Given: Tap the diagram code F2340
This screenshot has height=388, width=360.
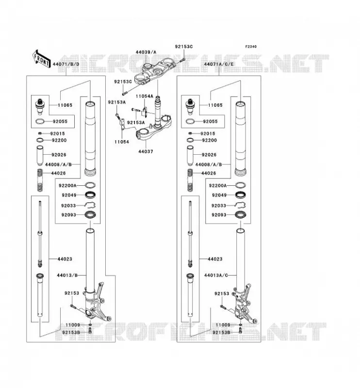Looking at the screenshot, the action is pos(251,47).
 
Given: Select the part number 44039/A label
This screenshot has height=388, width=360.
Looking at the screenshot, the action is pos(146,52).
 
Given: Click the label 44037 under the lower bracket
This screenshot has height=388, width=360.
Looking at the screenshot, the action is pos(146,151).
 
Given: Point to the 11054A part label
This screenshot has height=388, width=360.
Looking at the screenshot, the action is pos(145,96).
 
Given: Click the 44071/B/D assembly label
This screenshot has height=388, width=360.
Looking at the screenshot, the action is pos(66,65).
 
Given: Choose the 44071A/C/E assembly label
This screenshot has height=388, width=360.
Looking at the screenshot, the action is pos(219,65).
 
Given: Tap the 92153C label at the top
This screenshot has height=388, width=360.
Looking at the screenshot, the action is pos(184,47).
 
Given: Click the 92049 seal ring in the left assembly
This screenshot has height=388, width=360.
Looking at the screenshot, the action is pos(90,195).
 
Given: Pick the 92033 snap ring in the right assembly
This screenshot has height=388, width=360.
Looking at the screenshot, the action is pos(240,205).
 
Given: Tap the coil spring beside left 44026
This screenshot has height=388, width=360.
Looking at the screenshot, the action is pos(40,180).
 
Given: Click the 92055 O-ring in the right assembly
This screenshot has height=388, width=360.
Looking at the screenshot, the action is pos(190,122).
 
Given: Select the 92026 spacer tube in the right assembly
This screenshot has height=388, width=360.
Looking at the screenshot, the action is pos(190,156).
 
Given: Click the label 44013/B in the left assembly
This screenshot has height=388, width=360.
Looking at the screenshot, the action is pos(67,275).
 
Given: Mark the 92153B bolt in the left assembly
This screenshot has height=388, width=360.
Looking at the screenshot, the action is pos(90,331).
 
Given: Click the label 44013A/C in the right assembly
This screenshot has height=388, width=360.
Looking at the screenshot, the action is pos(216,275).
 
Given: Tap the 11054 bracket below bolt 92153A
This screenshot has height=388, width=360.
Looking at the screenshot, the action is pos(122,125).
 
